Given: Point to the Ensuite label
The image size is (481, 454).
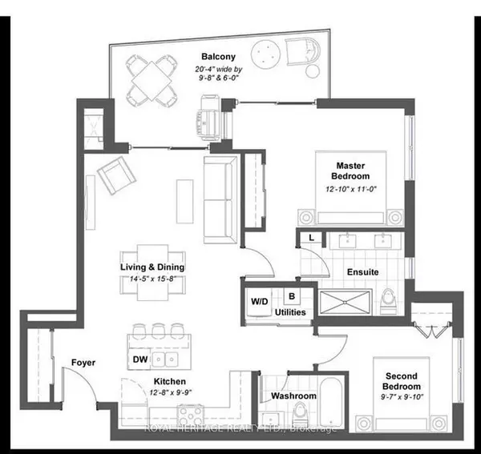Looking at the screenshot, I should coord(362,271).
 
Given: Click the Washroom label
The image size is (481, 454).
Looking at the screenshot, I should coord(290,395).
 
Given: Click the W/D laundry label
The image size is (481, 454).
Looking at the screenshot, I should coord(260,302).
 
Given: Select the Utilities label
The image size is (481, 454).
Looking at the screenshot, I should coord(290,311).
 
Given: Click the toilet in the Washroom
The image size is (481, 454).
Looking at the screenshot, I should coord(299,412).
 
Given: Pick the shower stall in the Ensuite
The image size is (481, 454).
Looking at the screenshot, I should coord(346,301).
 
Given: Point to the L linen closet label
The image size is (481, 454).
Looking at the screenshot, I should coord(310,238).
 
